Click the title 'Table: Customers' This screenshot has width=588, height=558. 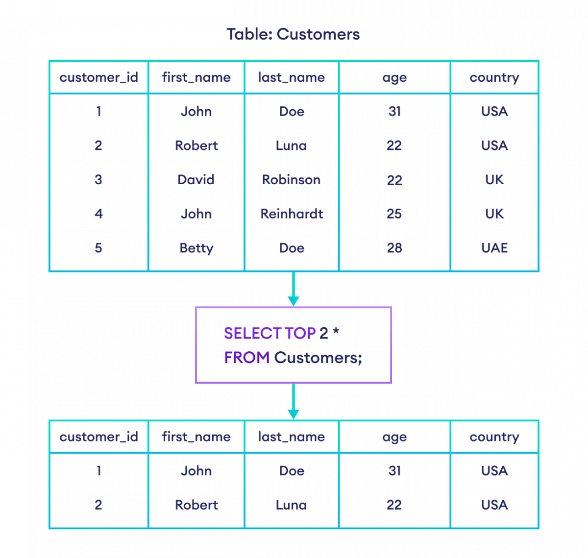click(x=293, y=34)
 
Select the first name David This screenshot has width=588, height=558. click(x=196, y=179)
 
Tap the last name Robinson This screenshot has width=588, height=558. click(x=292, y=179)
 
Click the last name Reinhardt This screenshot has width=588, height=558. click(x=292, y=214)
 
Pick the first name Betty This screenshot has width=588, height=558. click(x=196, y=248)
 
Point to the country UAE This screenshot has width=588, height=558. click(x=494, y=248)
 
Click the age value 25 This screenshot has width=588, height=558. click(x=394, y=214)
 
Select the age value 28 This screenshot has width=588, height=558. click(x=394, y=248)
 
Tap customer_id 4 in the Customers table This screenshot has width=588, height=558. click(x=98, y=214)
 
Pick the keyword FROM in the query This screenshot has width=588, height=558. click(x=247, y=358)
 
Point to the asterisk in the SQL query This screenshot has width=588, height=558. click(x=336, y=332)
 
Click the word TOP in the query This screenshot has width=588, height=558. click(x=300, y=333)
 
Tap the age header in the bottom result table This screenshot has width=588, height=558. click(x=394, y=437)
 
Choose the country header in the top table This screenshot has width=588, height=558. click(x=494, y=77)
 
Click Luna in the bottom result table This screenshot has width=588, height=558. click(x=292, y=505)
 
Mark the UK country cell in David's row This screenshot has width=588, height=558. click(x=494, y=179)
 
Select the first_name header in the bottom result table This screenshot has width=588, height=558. click(x=196, y=437)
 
